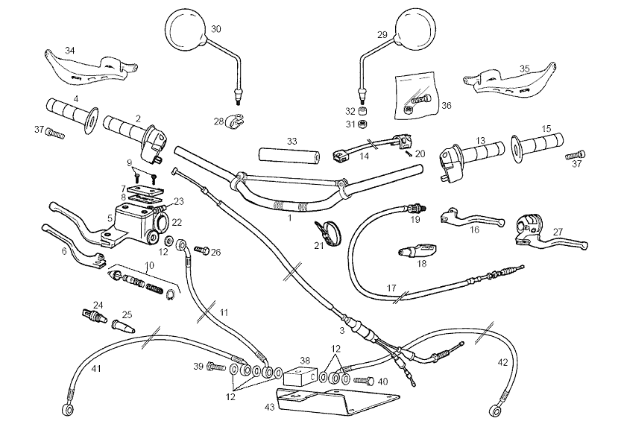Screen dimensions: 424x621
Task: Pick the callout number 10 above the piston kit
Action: (x=150, y=265)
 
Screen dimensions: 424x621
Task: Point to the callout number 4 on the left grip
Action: (x=76, y=98)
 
